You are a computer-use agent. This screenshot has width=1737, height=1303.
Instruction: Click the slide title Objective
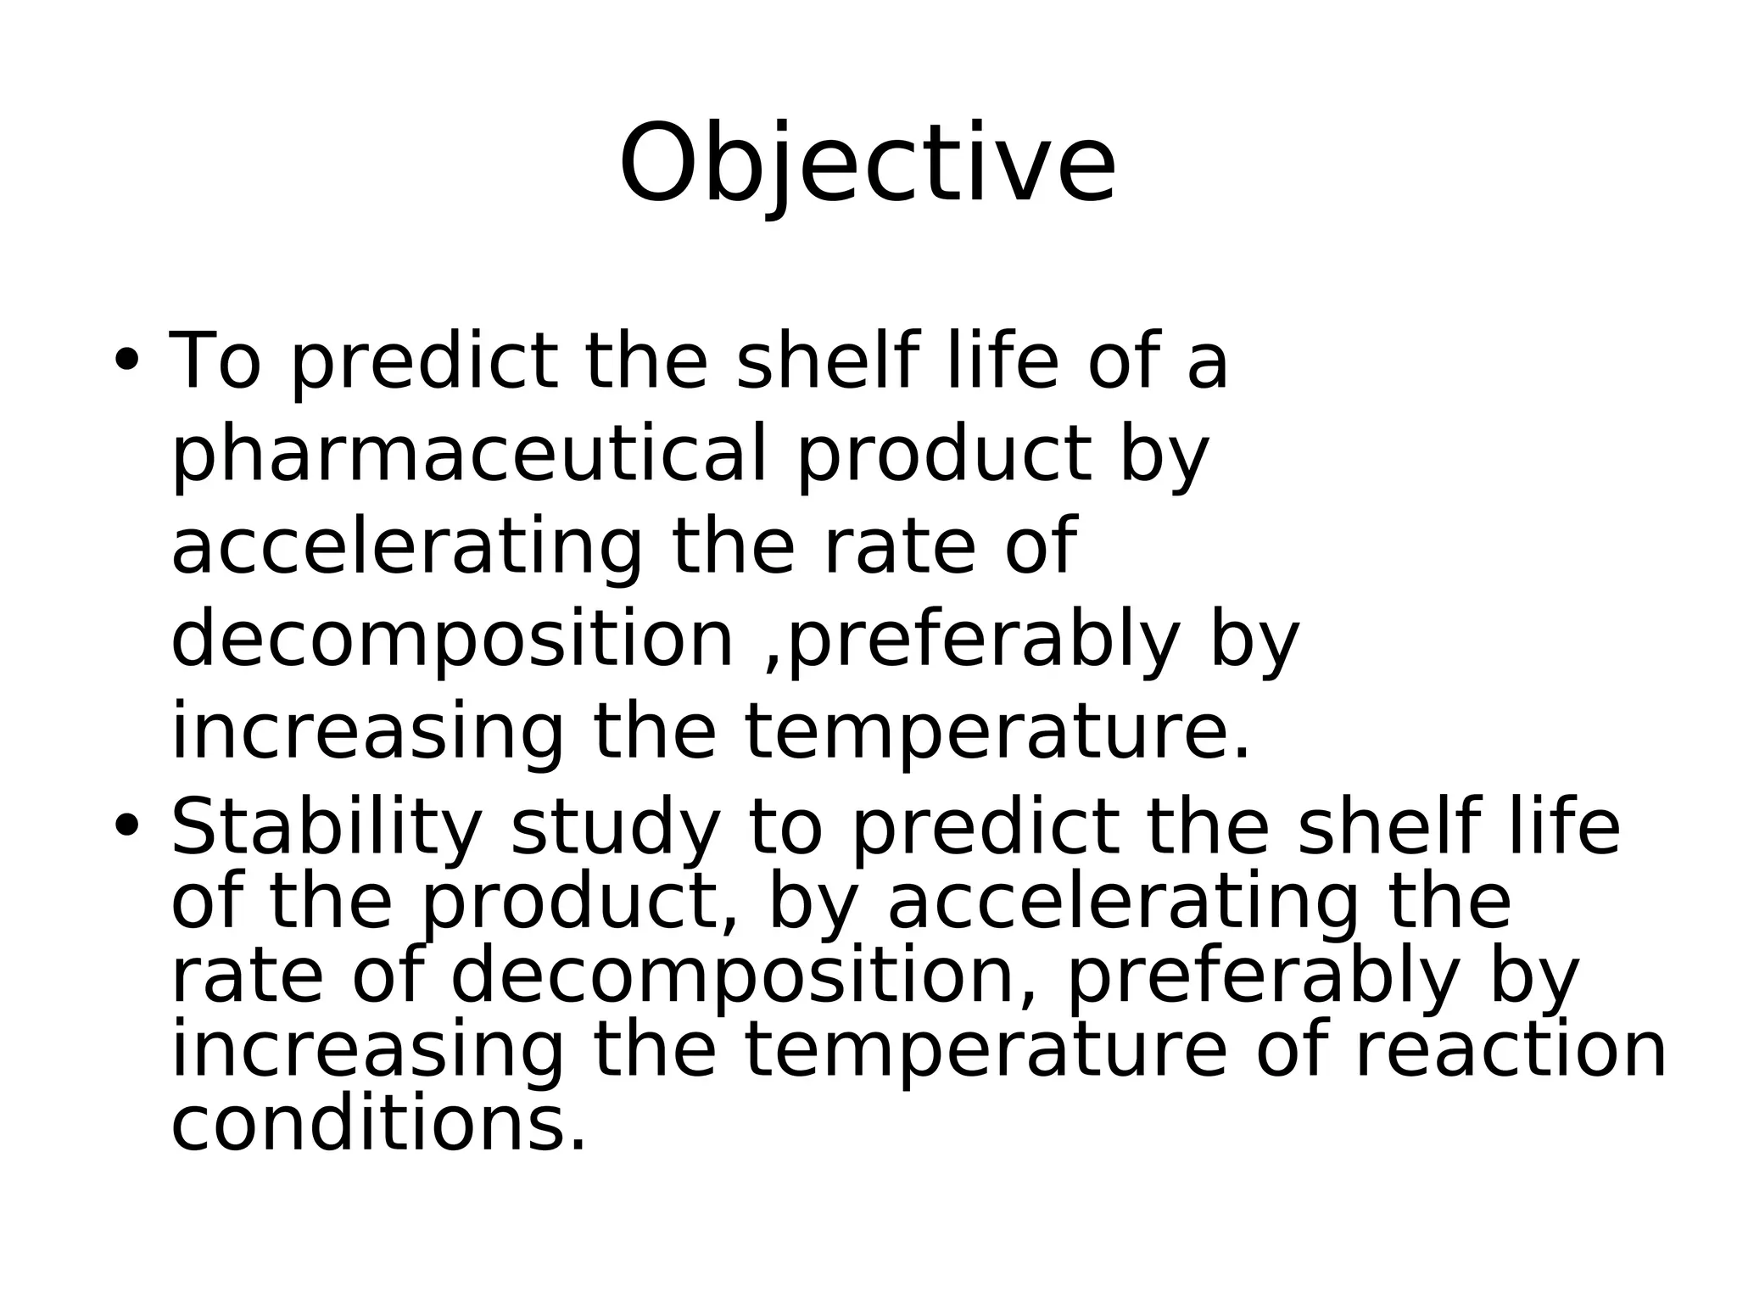click(867, 164)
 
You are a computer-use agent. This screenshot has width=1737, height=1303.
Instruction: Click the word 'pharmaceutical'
click(468, 455)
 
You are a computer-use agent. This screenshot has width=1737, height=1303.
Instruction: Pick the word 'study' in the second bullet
click(615, 829)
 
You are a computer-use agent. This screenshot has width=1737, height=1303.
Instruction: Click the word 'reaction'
click(1510, 1051)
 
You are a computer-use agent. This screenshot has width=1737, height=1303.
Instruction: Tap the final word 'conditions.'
click(378, 1126)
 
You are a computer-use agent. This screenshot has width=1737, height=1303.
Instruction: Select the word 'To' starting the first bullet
click(215, 361)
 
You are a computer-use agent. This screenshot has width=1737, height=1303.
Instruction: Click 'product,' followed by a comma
click(581, 903)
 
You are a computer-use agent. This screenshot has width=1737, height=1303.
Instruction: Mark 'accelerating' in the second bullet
click(1122, 903)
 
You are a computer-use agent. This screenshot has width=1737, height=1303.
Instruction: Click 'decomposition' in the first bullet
click(452, 640)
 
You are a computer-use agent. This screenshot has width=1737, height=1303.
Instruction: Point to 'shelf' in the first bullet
click(825, 361)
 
